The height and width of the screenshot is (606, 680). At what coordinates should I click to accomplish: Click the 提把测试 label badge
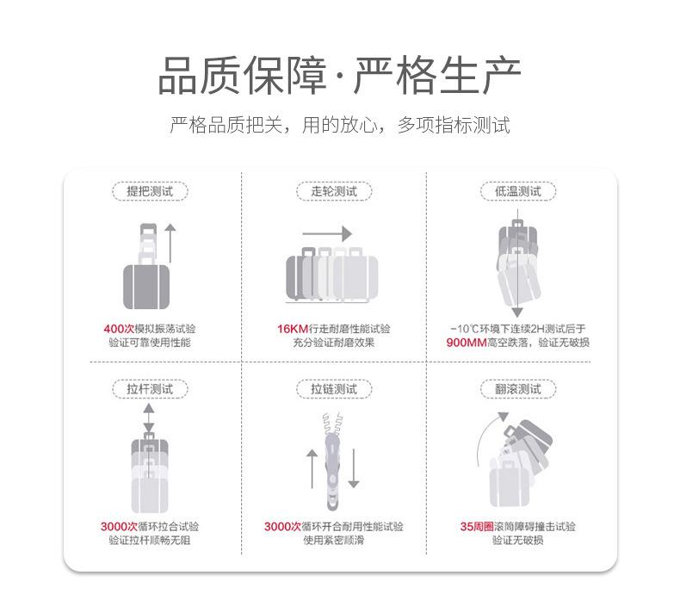pos(150,191)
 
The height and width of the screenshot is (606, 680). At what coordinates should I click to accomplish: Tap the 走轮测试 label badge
pos(334,191)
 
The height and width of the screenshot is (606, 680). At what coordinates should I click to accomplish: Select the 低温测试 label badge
pos(518,191)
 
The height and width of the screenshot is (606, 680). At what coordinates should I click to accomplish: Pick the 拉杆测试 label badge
pos(150,389)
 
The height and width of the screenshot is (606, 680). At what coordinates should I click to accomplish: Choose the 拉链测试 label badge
pos(334,389)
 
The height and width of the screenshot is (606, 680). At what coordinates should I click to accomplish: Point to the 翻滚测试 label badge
pos(518,389)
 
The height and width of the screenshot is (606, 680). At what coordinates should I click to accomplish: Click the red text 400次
pos(119,329)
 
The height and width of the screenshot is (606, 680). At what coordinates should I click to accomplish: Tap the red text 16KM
pos(293,329)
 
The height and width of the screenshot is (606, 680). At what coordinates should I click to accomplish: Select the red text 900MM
pos(467,343)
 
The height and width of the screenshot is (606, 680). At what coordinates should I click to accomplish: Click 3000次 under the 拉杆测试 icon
pos(119,527)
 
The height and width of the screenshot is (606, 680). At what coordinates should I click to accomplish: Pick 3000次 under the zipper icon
pos(282,527)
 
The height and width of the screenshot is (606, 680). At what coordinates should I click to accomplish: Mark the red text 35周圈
pos(477,527)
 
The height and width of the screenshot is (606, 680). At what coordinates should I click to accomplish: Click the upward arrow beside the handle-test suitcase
pos(170,243)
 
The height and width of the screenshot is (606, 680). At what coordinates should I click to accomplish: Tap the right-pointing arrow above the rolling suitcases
pos(327,234)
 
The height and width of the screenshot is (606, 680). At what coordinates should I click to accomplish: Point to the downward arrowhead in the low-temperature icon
pos(517,312)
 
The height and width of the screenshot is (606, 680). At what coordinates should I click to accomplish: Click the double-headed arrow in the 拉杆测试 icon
pos(149,417)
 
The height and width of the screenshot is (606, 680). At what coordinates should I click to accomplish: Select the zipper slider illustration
pos(332,472)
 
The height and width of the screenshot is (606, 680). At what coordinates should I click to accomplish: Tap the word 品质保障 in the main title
pos(243,76)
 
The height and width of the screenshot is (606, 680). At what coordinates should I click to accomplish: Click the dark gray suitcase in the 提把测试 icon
pos(146,287)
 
